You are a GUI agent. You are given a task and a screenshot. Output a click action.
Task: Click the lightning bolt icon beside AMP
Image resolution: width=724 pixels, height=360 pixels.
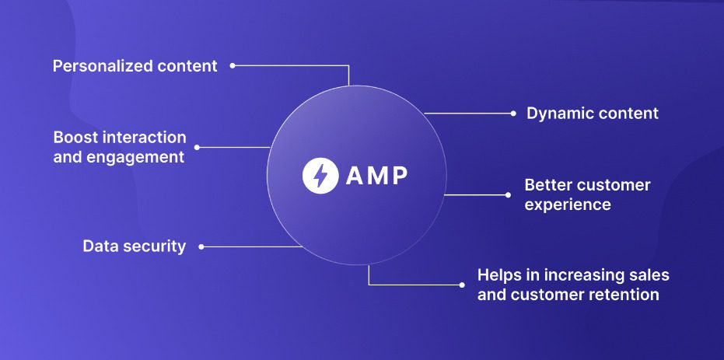pos(320,176)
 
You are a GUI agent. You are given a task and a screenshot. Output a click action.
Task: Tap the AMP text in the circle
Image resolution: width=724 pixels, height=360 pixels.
pos(376,176)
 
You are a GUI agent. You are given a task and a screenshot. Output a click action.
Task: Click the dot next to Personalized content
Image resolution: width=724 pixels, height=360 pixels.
pos(233,66)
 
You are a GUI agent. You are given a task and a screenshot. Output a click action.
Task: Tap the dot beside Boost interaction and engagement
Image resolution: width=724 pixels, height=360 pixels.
pos(197,147)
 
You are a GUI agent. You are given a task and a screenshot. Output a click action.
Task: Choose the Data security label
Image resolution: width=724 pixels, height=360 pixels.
pos(135,246)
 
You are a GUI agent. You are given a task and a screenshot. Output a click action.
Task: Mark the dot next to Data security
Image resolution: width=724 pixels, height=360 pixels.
pos(201,246)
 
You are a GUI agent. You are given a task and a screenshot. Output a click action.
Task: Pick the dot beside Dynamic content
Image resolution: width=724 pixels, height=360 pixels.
pos(513,114)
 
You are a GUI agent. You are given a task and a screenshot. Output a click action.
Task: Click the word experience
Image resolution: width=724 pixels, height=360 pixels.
pos(568,204)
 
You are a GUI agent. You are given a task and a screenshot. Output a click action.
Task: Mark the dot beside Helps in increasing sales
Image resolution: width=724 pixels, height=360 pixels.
pos(462,285)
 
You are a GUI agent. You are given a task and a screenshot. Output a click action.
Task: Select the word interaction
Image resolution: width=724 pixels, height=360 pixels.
pos(148,138)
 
